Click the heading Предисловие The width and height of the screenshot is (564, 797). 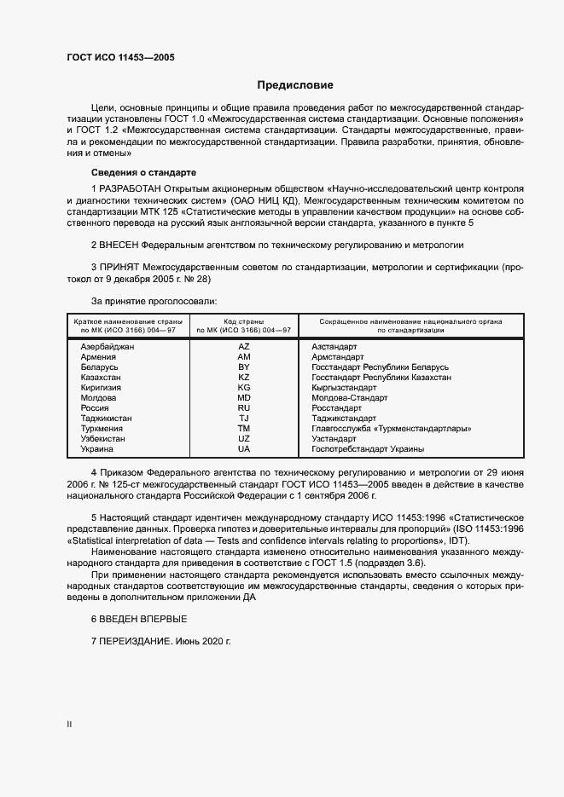(295, 85)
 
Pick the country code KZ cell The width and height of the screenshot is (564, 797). (244, 377)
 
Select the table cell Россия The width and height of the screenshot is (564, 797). (95, 408)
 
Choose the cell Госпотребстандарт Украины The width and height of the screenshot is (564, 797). (368, 448)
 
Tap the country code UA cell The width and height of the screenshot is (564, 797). (244, 448)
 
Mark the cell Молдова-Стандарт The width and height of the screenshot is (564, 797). (350, 398)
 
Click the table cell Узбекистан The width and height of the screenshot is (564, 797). (102, 438)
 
